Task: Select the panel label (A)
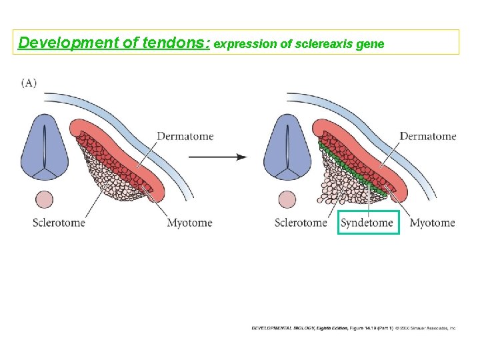(x=29, y=83)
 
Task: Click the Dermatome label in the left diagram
(x=185, y=136)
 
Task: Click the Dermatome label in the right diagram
(x=428, y=136)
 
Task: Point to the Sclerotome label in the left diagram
(x=59, y=223)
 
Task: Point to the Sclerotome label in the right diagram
(x=301, y=223)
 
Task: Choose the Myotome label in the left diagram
(x=189, y=223)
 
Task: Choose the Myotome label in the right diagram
(x=432, y=223)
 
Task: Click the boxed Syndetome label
(x=367, y=223)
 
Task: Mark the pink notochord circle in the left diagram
(x=45, y=199)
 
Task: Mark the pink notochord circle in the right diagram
(x=287, y=199)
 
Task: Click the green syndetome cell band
(x=349, y=167)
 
